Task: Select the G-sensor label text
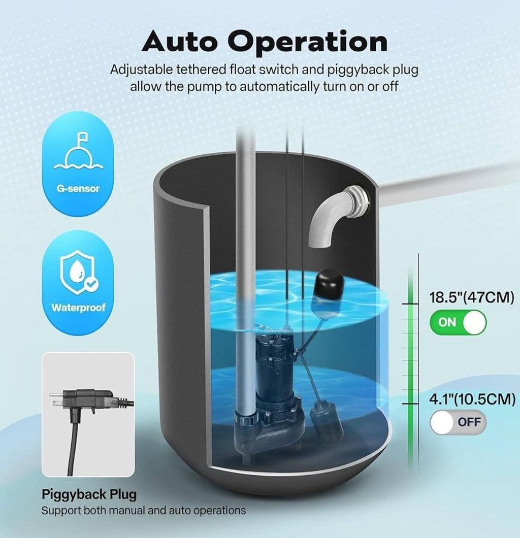pos(78,188)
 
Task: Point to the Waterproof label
pos(78,308)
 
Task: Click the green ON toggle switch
pos(458,322)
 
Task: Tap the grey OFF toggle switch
pos(458,422)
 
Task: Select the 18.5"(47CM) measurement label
pos(472,297)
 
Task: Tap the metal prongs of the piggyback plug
pos(56,398)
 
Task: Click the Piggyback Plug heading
pos(89,494)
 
